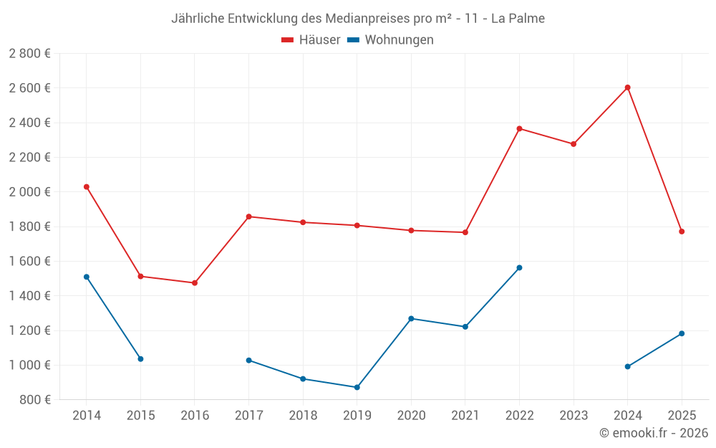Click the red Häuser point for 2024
click(x=627, y=87)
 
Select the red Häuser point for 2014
click(x=87, y=187)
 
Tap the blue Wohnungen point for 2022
click(x=519, y=267)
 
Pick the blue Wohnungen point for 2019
click(x=357, y=387)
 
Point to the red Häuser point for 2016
click(x=195, y=283)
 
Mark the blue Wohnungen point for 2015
click(x=140, y=359)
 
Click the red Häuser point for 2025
click(x=682, y=232)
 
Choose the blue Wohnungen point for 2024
click(x=627, y=366)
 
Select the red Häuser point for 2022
click(x=519, y=129)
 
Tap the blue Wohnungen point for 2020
click(x=411, y=318)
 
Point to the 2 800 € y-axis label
click(x=29, y=54)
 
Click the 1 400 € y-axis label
click(x=29, y=296)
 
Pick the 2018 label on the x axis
click(x=303, y=416)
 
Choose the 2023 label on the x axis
click(x=574, y=416)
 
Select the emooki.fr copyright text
click(x=653, y=433)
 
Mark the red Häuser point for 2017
click(x=248, y=216)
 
